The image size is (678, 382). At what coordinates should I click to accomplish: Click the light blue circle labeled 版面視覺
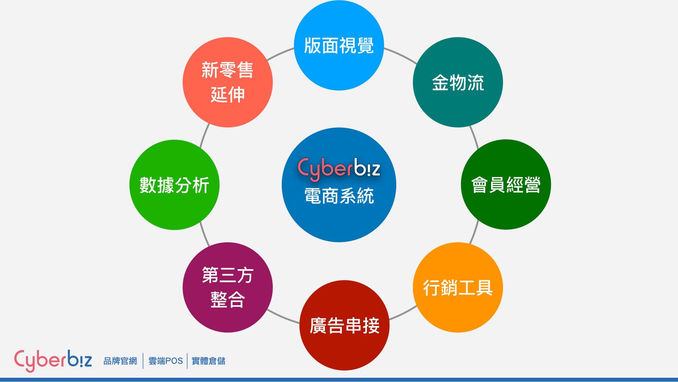coord(339,45)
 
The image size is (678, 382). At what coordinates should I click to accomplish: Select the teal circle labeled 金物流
coord(458,82)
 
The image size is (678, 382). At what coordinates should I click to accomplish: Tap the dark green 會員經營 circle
coord(506,184)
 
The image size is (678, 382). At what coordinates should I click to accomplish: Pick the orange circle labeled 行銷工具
coord(458,287)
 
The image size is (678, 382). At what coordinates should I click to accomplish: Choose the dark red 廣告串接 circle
coord(345,325)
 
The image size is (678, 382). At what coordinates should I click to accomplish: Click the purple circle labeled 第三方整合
coord(228,287)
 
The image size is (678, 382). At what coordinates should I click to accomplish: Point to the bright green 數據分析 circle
coord(174,185)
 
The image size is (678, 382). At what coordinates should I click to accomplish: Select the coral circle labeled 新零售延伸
coord(228,82)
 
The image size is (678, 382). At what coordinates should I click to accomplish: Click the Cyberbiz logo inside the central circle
coord(339,169)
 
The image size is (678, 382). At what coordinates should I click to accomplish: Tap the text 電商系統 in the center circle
coord(339,196)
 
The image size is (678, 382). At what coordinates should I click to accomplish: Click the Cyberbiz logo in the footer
coord(53,361)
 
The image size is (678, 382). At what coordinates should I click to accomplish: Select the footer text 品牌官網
coord(120,361)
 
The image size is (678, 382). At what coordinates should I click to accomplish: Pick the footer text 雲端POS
coord(166,361)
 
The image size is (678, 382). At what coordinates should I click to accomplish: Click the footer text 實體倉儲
coord(208,361)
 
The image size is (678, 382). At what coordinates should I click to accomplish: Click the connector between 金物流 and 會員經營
coord(474,138)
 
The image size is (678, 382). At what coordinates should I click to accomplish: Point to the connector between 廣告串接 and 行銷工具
coord(403,313)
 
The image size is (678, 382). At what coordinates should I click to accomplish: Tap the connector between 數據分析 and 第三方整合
coord(204,234)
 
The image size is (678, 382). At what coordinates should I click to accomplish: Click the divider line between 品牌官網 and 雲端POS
coord(143,361)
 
